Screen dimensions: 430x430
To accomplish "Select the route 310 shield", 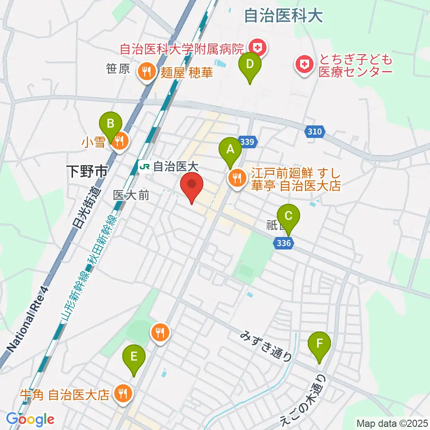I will point(315,132).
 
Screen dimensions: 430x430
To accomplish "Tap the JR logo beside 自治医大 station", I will point(144,167).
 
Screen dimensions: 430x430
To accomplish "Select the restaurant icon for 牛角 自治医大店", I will point(121,394).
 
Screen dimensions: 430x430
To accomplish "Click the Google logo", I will point(30,419).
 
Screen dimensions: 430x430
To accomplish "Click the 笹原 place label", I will point(118,69).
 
